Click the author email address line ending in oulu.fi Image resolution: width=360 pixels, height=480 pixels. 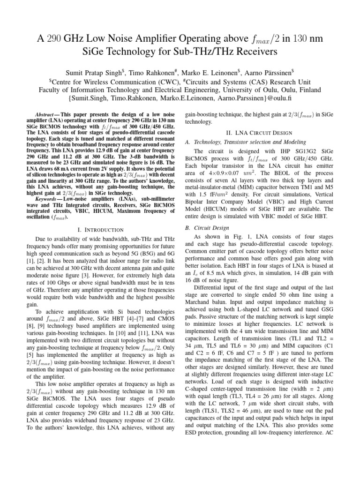tap(180, 99)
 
